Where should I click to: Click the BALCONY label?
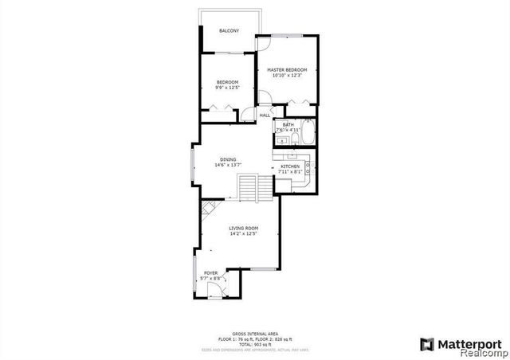pos(229,31)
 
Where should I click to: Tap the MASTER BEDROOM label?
pos(287,69)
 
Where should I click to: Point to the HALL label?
pos(265,115)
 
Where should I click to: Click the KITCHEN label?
pos(289,166)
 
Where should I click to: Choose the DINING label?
pos(228,159)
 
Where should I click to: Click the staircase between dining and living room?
pos(256,190)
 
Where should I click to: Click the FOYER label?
pos(210,273)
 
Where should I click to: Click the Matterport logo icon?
pos(427,343)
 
